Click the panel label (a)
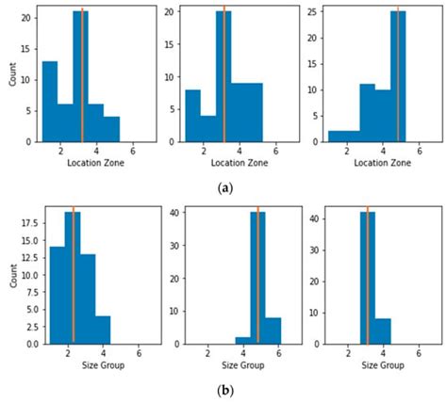[x=224, y=188]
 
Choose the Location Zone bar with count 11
[x=367, y=113]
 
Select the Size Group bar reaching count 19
[x=73, y=279]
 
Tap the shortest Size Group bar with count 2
[x=242, y=340]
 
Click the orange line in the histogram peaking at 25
[x=398, y=56]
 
